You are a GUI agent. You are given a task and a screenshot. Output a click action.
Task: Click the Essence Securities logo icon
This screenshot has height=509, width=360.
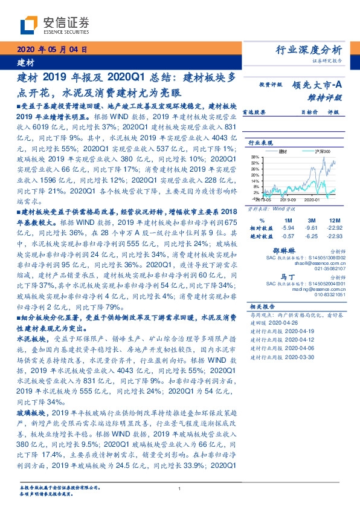point(28,25)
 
